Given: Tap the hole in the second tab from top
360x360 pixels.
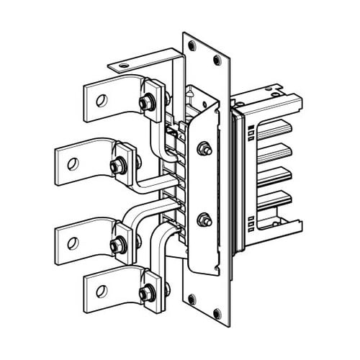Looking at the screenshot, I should click(x=71, y=164).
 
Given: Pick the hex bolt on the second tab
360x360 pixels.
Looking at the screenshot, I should click(x=116, y=167).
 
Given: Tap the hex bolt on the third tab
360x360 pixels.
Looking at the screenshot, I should click(x=116, y=245).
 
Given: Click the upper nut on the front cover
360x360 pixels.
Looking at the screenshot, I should click(x=204, y=150).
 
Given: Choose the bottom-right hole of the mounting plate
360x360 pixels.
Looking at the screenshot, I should click(x=217, y=312).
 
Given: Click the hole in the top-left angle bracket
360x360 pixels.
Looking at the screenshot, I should click(x=124, y=66).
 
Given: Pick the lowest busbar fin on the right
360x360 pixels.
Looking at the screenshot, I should click(x=275, y=199).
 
